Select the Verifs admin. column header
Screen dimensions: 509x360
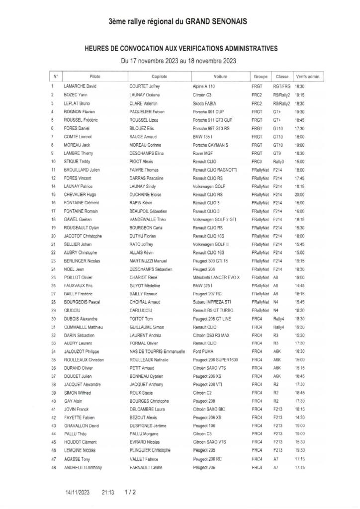(x=308, y=77)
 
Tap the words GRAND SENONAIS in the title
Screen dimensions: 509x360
(x=216, y=22)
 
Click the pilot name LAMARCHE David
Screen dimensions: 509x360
(x=81, y=86)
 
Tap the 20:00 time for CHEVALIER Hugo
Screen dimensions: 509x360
(x=299, y=195)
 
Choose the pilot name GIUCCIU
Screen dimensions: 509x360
(x=74, y=310)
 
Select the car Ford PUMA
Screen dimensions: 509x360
(x=203, y=352)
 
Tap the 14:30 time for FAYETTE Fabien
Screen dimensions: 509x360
(x=299, y=418)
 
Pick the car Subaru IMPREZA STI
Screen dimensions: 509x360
(x=212, y=302)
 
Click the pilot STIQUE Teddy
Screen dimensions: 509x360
(x=78, y=162)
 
